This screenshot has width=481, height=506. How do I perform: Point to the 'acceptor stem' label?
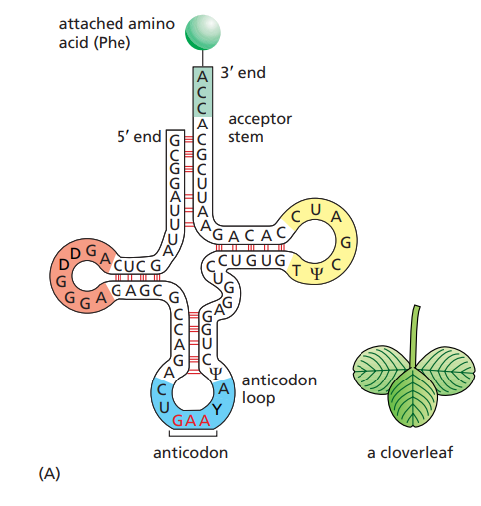pyautogui.click(x=260, y=126)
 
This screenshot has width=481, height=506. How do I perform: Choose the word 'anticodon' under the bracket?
pyautogui.click(x=190, y=453)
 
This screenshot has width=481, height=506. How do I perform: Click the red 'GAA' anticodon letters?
pyautogui.click(x=190, y=420)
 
